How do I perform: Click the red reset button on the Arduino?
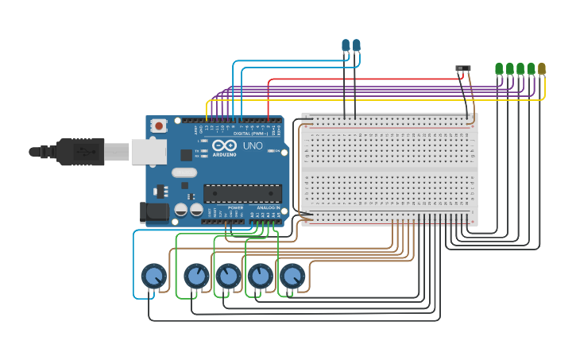(159, 125)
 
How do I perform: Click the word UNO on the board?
(252, 146)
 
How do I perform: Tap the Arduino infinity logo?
(226, 145)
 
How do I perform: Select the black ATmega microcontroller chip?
(242, 193)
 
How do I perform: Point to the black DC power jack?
(153, 211)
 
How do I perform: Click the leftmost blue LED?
(345, 46)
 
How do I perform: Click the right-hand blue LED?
(356, 46)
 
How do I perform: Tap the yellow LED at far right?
(542, 69)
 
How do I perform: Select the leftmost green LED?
(499, 69)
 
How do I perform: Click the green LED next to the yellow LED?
(531, 69)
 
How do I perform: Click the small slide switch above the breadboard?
(463, 69)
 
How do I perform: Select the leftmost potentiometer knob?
(153, 277)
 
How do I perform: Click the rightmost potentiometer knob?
(292, 276)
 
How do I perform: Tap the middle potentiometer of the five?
(228, 276)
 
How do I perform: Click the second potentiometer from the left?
(196, 277)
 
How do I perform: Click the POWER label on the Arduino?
(235, 207)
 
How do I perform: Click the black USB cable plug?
(79, 151)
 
